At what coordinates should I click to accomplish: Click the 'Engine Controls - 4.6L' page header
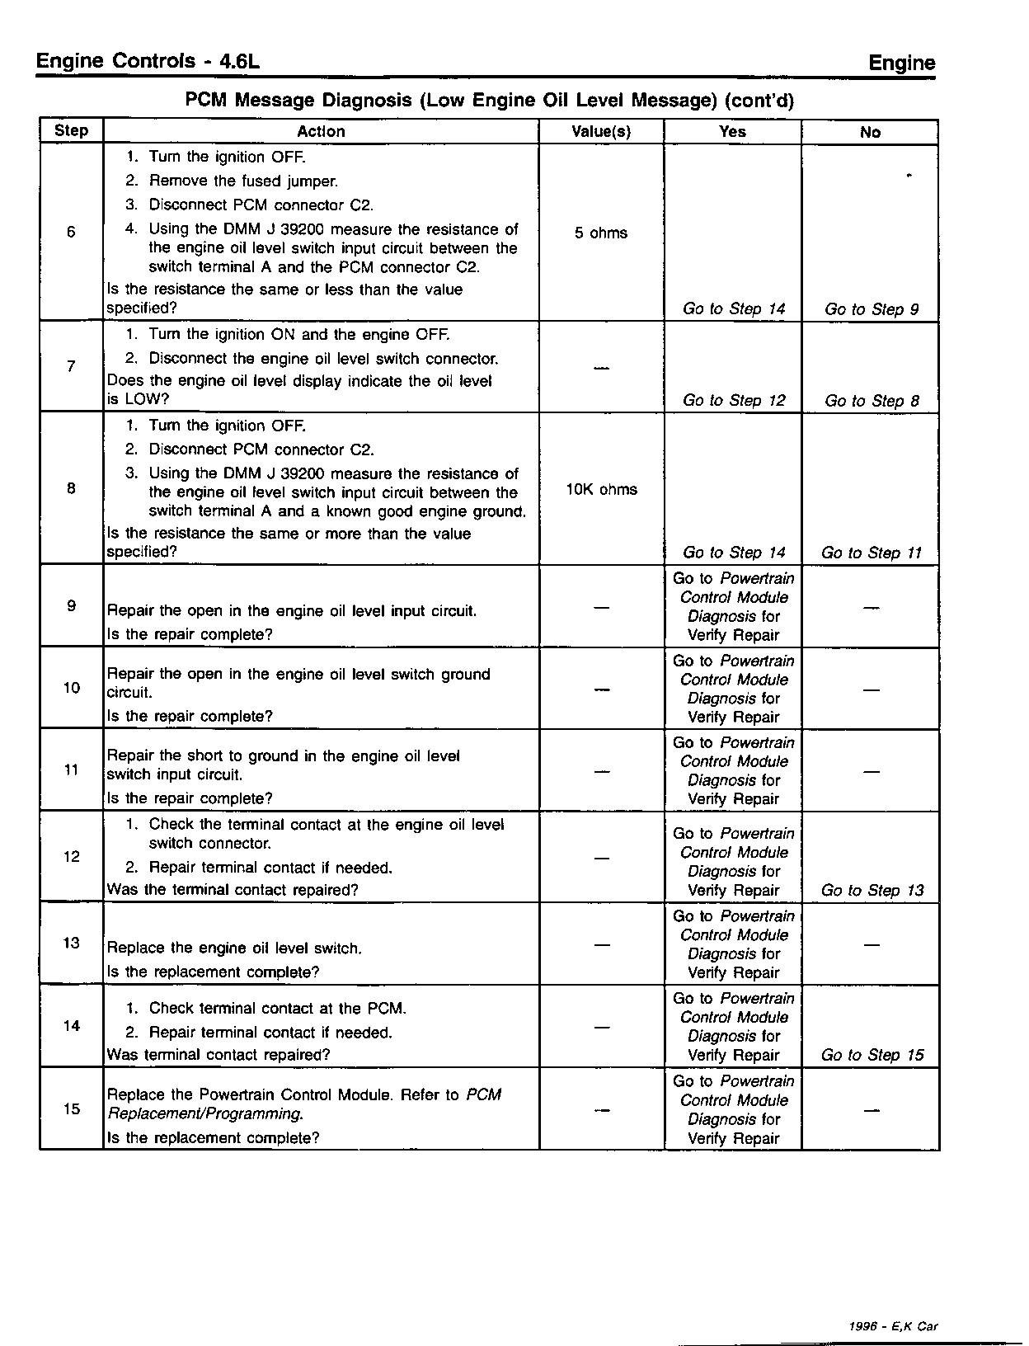(149, 62)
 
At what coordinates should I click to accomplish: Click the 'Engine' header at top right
(902, 64)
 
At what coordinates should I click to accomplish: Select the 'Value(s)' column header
(601, 132)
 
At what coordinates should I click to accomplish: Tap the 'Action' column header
(321, 132)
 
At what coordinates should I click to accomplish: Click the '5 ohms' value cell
(601, 233)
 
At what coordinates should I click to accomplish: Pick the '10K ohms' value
(601, 490)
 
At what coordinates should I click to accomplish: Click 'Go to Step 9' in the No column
(872, 310)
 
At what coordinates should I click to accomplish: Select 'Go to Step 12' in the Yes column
(734, 401)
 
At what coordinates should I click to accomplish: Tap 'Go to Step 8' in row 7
(872, 402)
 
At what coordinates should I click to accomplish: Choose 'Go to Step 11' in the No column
(872, 553)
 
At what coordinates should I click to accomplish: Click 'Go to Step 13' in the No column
(872, 891)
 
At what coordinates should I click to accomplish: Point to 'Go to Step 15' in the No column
(872, 1056)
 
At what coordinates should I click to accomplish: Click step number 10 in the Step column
(72, 689)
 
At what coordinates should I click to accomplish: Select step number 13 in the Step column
(72, 944)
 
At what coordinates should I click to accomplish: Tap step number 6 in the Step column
(71, 233)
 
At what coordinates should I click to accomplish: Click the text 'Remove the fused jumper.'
(243, 181)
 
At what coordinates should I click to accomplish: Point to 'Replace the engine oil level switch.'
(235, 949)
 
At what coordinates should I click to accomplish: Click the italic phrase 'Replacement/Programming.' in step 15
(205, 1114)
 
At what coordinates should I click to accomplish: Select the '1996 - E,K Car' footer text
(893, 1327)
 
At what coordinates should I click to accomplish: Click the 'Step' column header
(71, 131)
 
